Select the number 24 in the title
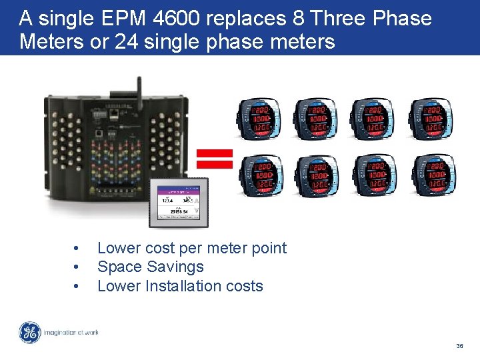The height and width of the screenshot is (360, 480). (127, 42)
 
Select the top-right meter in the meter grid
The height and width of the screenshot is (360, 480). (429, 118)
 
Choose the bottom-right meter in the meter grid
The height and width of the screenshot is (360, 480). (429, 175)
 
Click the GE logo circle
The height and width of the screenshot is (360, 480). (29, 333)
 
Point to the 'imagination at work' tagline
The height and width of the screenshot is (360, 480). (71, 332)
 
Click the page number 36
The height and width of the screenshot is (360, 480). (459, 346)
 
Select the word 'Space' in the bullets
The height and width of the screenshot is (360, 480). (117, 267)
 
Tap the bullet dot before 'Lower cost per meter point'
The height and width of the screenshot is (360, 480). (77, 249)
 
